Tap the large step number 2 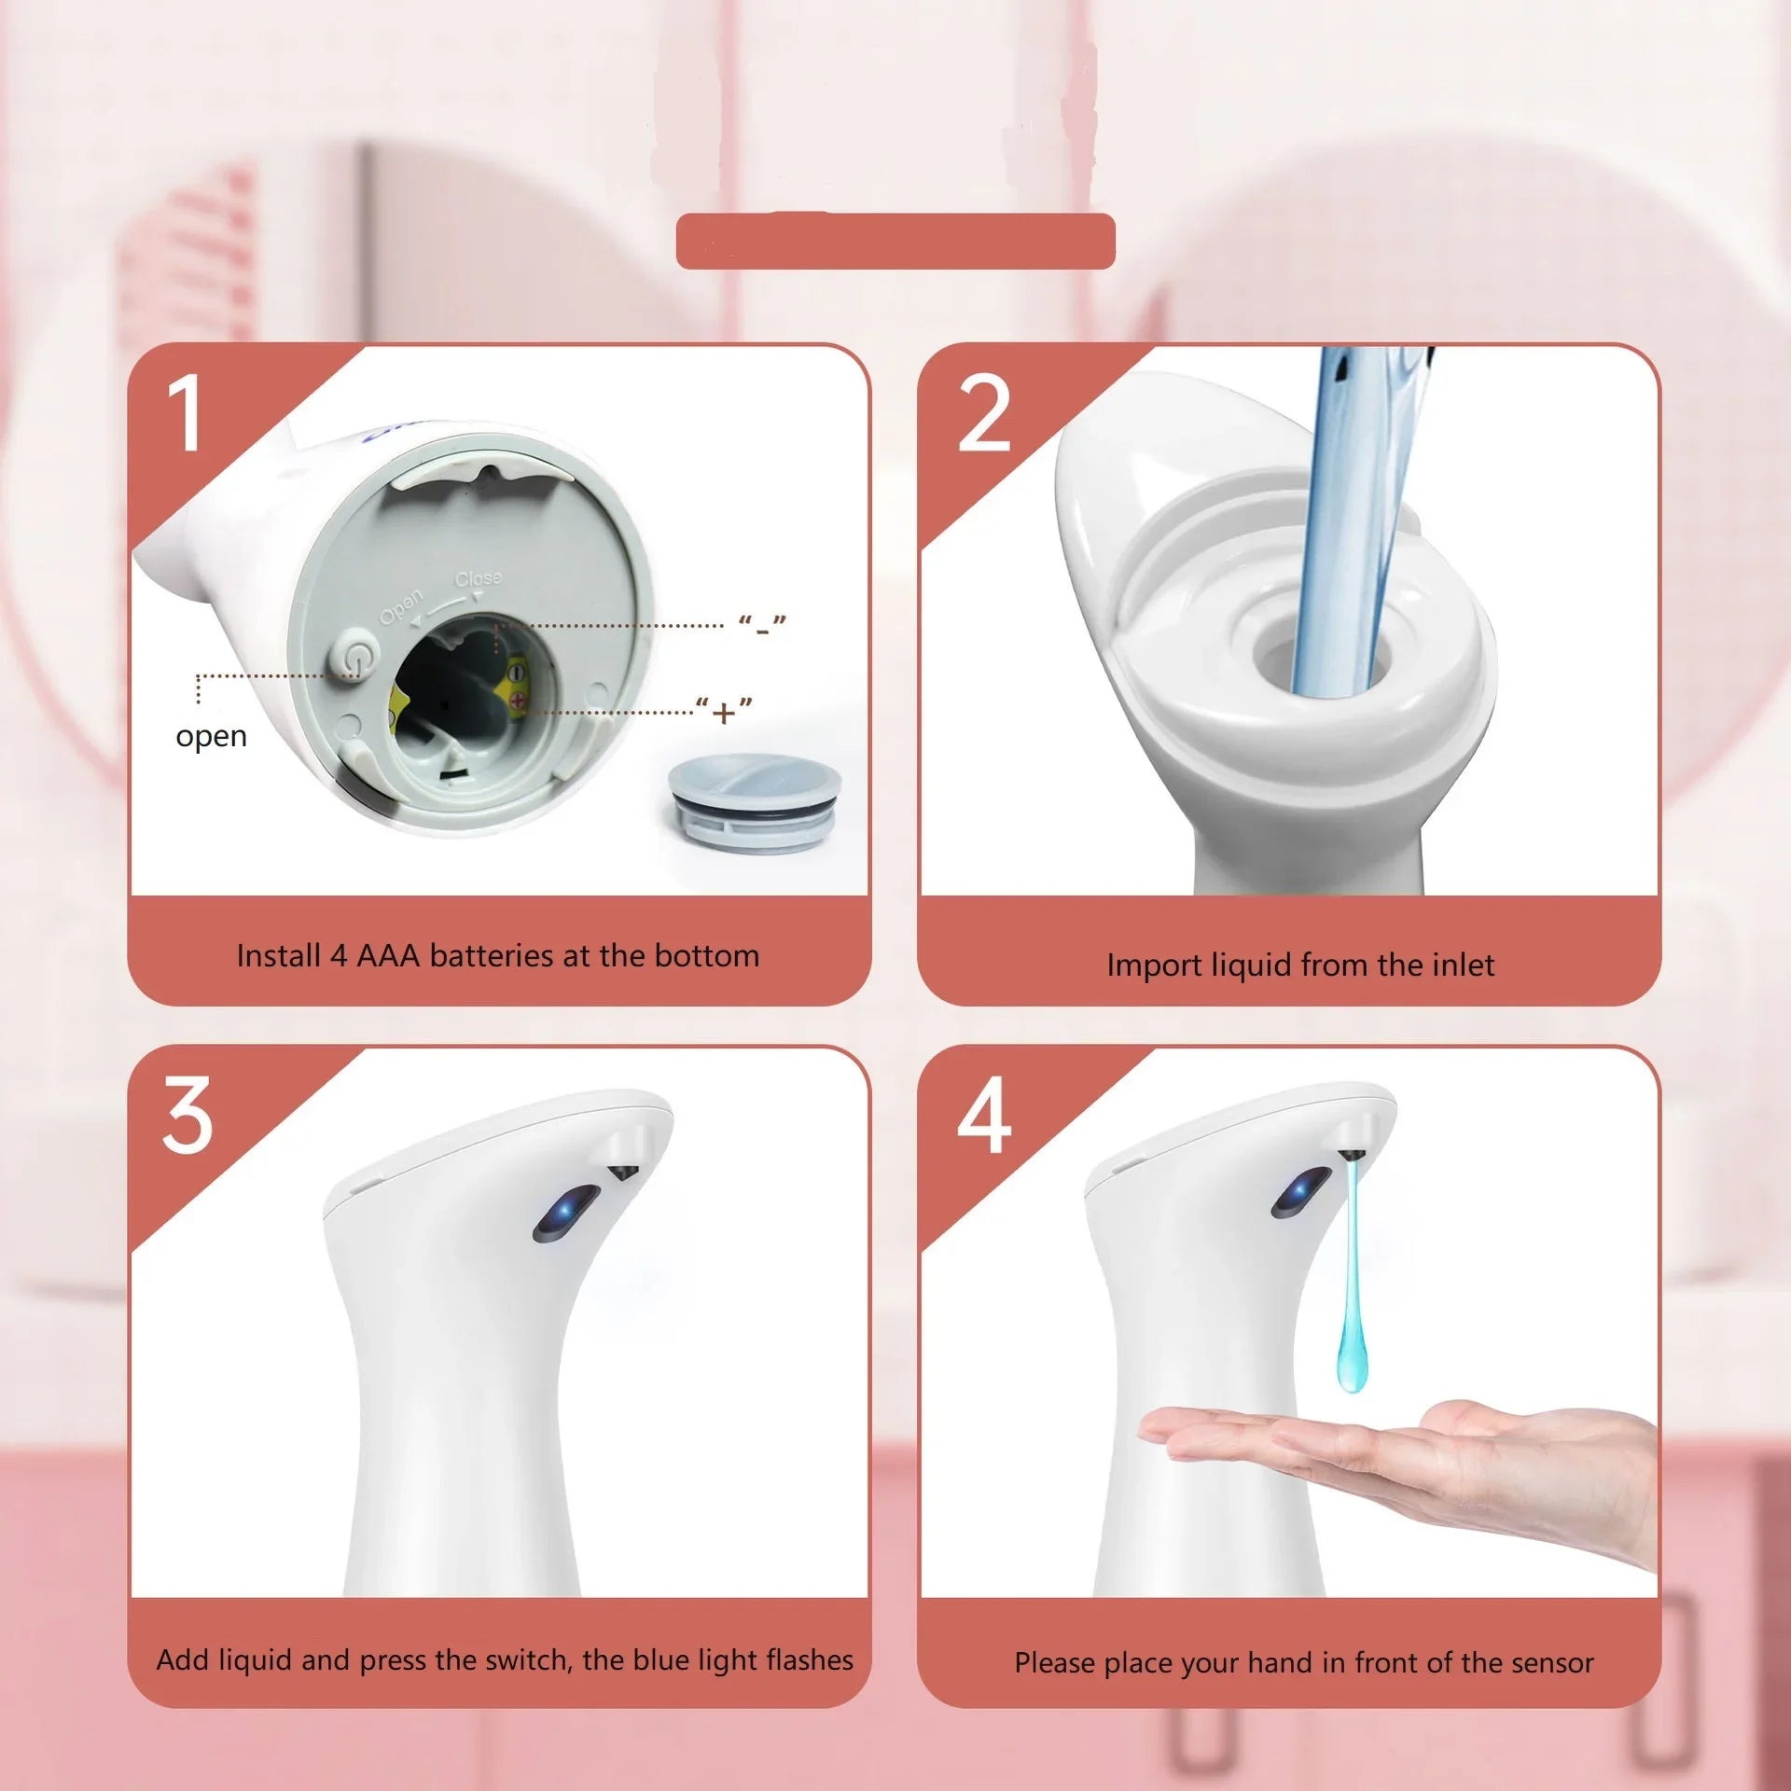(984, 413)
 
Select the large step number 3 (187, 1115)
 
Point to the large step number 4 (984, 1115)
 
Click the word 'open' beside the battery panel (211, 736)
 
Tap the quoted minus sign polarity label (762, 626)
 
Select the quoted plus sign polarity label (724, 712)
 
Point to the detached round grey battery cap (754, 803)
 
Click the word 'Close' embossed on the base (479, 579)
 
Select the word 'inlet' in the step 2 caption (1463, 965)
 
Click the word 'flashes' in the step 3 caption (809, 1659)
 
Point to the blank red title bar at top (895, 242)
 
